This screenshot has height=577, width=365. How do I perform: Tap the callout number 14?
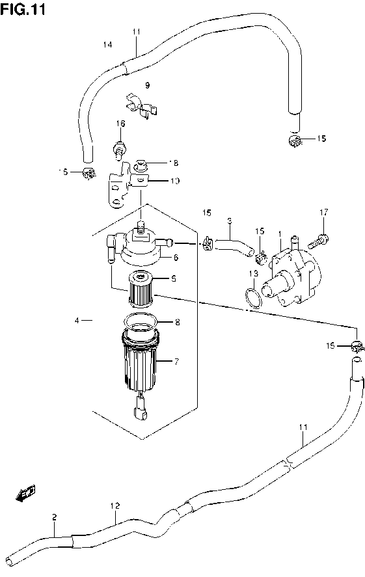[x=107, y=44]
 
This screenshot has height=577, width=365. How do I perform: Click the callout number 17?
[x=323, y=213]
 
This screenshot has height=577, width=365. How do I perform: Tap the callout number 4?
[x=77, y=320]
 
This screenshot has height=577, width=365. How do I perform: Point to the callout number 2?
[x=54, y=517]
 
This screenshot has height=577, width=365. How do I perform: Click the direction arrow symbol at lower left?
[x=27, y=495]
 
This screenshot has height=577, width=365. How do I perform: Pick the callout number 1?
[x=279, y=234]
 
